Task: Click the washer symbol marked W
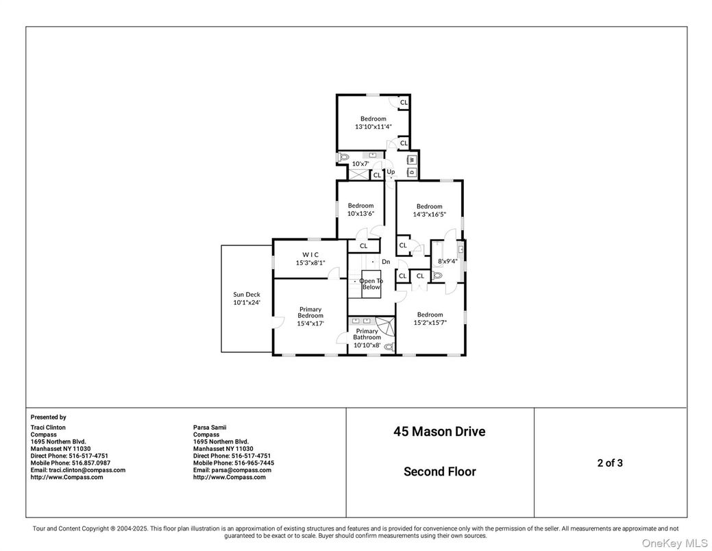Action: pyautogui.click(x=412, y=160)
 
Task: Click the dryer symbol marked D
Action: pyautogui.click(x=412, y=172)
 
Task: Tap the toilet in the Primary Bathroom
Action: pyautogui.click(x=389, y=347)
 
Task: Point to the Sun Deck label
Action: pyautogui.click(x=247, y=295)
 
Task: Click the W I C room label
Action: pyautogui.click(x=310, y=255)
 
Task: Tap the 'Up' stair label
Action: pyautogui.click(x=391, y=172)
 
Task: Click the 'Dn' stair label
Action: pyautogui.click(x=386, y=262)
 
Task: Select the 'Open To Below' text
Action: pyautogui.click(x=371, y=284)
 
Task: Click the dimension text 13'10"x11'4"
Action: pyautogui.click(x=373, y=127)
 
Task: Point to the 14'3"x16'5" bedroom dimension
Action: pyautogui.click(x=429, y=214)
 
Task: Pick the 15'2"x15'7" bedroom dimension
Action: pyautogui.click(x=430, y=323)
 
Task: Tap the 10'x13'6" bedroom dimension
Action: pyautogui.click(x=361, y=213)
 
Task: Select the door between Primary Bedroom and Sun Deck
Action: pyautogui.click(x=275, y=322)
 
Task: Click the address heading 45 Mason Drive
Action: pyautogui.click(x=439, y=432)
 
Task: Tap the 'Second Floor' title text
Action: pyautogui.click(x=440, y=472)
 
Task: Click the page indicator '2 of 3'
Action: pyautogui.click(x=610, y=463)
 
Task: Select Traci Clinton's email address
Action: pyautogui.click(x=77, y=470)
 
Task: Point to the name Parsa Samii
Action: pyautogui.click(x=210, y=428)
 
